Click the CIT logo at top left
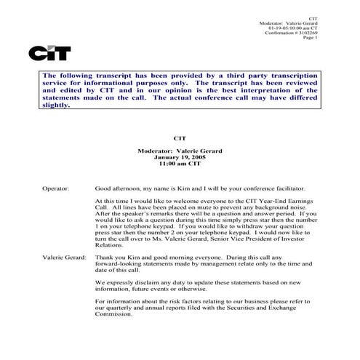pyautogui.click(x=50, y=52)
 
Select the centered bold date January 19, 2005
pyautogui.click(x=180, y=156)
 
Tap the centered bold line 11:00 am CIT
pyautogui.click(x=180, y=163)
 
